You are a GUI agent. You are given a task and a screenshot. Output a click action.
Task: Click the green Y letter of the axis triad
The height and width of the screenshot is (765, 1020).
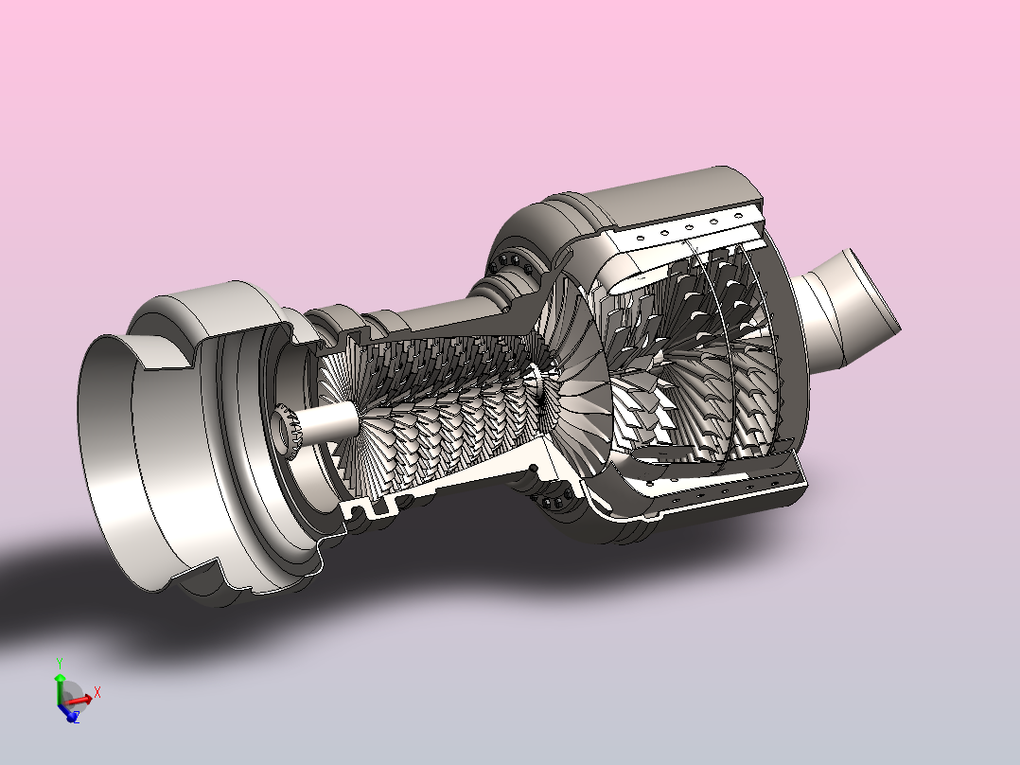coord(60,664)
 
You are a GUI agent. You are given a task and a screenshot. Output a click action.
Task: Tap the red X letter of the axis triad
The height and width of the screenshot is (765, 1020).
coord(97,692)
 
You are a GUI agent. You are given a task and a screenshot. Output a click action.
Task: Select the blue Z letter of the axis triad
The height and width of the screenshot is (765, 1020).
coord(76,718)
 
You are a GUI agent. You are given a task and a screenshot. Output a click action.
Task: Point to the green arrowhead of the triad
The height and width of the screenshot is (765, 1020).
coord(60,678)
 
